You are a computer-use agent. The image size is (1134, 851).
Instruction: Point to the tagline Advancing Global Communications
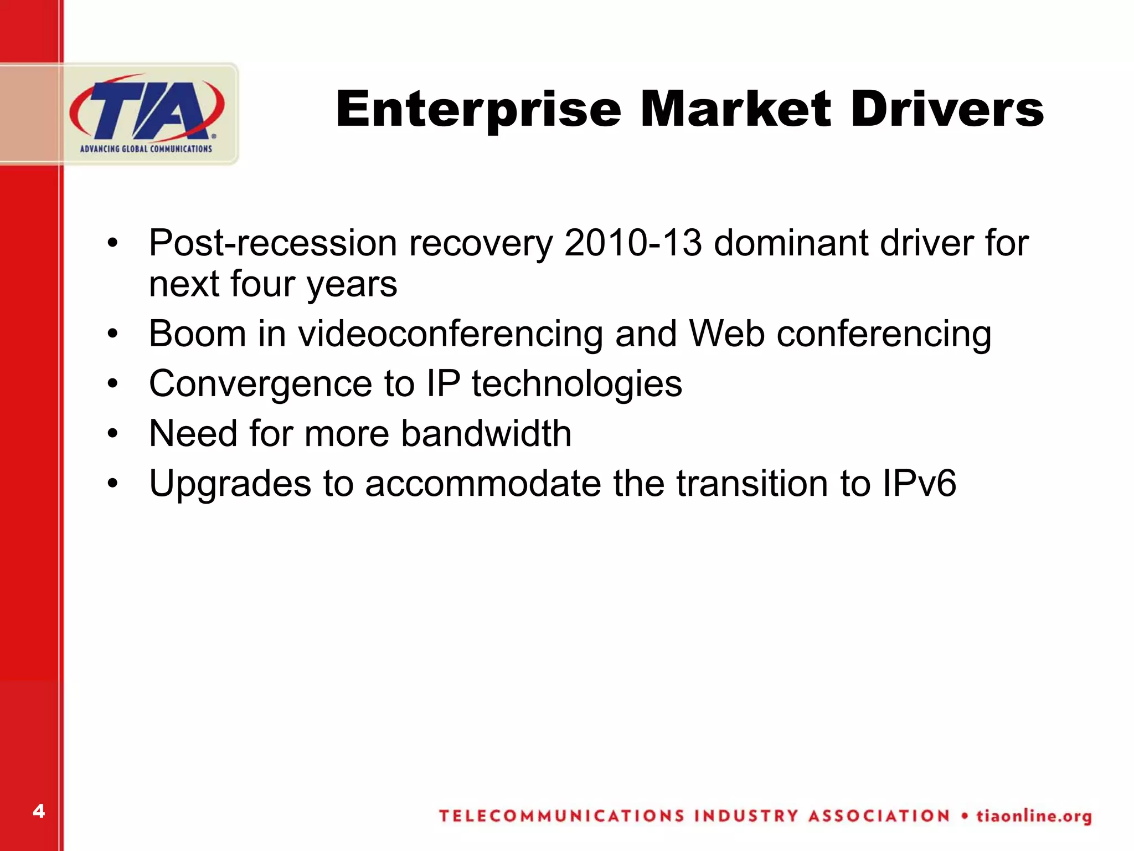pyautogui.click(x=146, y=148)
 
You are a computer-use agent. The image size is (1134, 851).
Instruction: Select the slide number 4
pyautogui.click(x=38, y=811)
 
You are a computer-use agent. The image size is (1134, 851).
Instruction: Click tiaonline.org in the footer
pyautogui.click(x=1034, y=816)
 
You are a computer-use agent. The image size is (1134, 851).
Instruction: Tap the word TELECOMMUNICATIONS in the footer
pyautogui.click(x=561, y=816)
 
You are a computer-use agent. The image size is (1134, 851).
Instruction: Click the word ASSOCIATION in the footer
pyautogui.click(x=879, y=816)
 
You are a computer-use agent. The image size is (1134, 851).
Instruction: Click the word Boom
pyautogui.click(x=198, y=334)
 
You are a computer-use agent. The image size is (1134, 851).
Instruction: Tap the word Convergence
pyautogui.click(x=261, y=384)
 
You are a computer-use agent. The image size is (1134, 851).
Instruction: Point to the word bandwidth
pyautogui.click(x=486, y=433)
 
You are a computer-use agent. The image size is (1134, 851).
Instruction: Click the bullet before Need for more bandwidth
pyautogui.click(x=113, y=434)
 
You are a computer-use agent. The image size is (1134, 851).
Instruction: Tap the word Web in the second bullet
pyautogui.click(x=726, y=334)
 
